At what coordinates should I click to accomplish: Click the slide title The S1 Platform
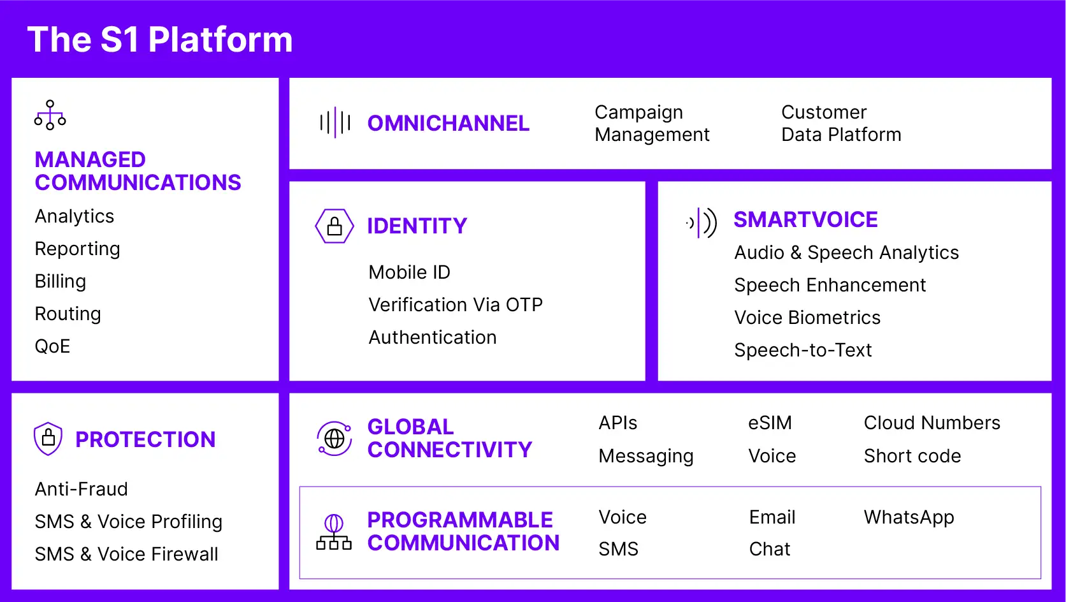click(160, 39)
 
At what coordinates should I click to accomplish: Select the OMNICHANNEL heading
click(449, 123)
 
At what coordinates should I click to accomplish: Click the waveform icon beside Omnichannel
click(335, 122)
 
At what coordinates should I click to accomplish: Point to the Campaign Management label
click(652, 123)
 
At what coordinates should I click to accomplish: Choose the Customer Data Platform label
click(841, 123)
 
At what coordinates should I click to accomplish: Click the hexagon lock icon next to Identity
click(335, 226)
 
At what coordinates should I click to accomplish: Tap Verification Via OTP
click(456, 305)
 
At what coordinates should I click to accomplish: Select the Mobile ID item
click(409, 272)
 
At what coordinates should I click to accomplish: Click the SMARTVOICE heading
click(805, 219)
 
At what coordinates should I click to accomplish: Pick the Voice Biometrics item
click(807, 318)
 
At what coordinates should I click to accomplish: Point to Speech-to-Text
click(803, 350)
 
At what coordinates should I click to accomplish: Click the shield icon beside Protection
click(48, 439)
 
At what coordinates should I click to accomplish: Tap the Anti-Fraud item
click(82, 489)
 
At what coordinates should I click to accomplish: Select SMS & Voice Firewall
click(127, 554)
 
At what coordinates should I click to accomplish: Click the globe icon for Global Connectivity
click(335, 438)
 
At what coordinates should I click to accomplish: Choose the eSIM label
click(770, 423)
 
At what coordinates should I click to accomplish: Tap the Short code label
click(912, 456)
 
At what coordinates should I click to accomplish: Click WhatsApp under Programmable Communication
click(909, 518)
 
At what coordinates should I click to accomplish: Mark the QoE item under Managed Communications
click(52, 346)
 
